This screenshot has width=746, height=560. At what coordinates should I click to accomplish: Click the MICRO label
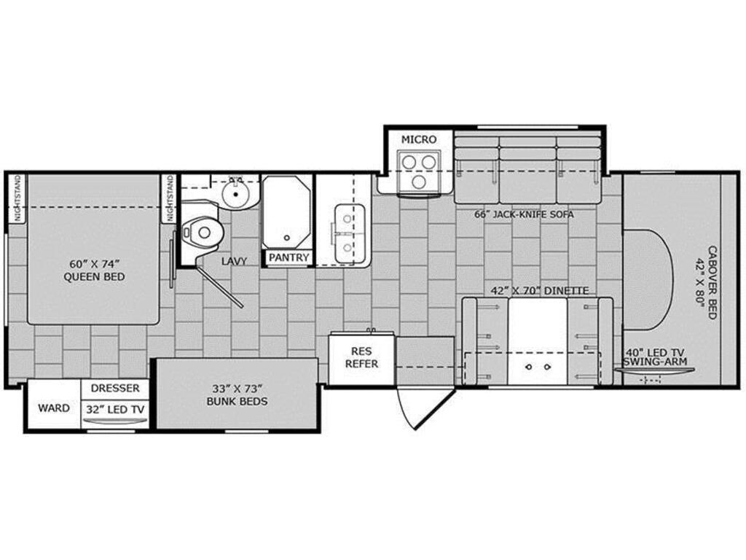tap(419, 139)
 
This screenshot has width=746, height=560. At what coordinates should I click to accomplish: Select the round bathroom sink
tap(235, 194)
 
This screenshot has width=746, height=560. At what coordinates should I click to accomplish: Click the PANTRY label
tap(288, 257)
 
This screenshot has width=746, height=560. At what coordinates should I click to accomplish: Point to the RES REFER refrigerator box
tap(361, 358)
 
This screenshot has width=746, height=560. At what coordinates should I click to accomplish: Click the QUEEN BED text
tap(94, 276)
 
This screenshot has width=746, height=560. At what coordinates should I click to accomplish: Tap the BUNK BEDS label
tap(237, 402)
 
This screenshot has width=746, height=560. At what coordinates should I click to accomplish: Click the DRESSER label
tap(115, 388)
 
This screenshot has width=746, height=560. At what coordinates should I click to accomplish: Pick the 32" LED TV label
tap(115, 409)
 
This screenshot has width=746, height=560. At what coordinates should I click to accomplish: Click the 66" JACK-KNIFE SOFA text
tap(524, 214)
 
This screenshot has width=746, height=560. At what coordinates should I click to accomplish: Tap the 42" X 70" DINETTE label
tap(540, 290)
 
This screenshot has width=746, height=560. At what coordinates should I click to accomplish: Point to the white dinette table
tap(538, 341)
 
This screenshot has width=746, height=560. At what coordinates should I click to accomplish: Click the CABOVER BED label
tap(712, 283)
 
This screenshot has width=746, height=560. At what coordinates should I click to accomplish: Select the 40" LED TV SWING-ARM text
tap(655, 357)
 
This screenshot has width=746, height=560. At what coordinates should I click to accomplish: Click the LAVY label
tap(234, 262)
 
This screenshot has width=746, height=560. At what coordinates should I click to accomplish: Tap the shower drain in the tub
tap(286, 238)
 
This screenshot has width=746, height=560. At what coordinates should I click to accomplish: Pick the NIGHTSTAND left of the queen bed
tap(17, 198)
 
